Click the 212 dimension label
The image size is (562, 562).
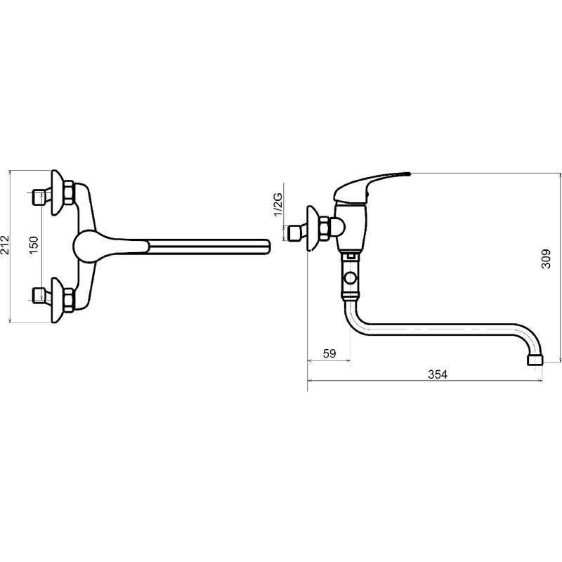(5, 244)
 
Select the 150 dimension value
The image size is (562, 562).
(34, 244)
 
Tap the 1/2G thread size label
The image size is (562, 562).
(278, 204)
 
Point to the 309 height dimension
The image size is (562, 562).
(546, 259)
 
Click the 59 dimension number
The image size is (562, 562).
(329, 353)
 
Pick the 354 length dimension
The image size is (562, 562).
(438, 374)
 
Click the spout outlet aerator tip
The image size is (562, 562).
(535, 360)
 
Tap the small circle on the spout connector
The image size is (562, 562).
(350, 277)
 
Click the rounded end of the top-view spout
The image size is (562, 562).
(267, 247)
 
